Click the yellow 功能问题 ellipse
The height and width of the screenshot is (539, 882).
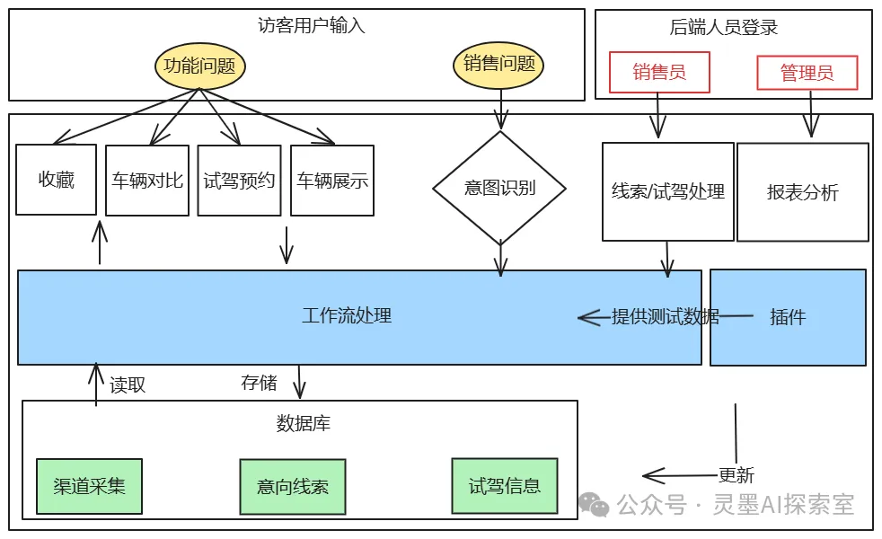199,66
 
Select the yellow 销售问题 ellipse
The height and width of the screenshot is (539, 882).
499,64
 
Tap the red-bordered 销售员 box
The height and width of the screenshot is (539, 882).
659,72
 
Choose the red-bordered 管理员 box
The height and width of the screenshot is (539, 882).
807,73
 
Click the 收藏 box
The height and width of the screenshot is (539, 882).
56,180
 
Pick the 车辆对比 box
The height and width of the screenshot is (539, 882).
147,181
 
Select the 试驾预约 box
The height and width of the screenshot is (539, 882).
239,181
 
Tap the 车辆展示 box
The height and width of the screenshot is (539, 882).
332,181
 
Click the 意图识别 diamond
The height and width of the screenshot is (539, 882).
499,188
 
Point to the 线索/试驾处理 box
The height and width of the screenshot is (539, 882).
667,191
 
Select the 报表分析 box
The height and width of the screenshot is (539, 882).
802,192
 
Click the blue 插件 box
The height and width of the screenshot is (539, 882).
788,317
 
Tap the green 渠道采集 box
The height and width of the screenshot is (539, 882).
89,487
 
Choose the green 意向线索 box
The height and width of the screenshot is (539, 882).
292,487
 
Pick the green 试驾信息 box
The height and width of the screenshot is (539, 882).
504,486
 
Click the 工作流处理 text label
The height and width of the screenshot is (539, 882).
347,316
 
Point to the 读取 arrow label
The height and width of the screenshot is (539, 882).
128,384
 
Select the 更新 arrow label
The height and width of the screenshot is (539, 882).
736,475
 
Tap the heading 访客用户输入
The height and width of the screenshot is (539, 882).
312,25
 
